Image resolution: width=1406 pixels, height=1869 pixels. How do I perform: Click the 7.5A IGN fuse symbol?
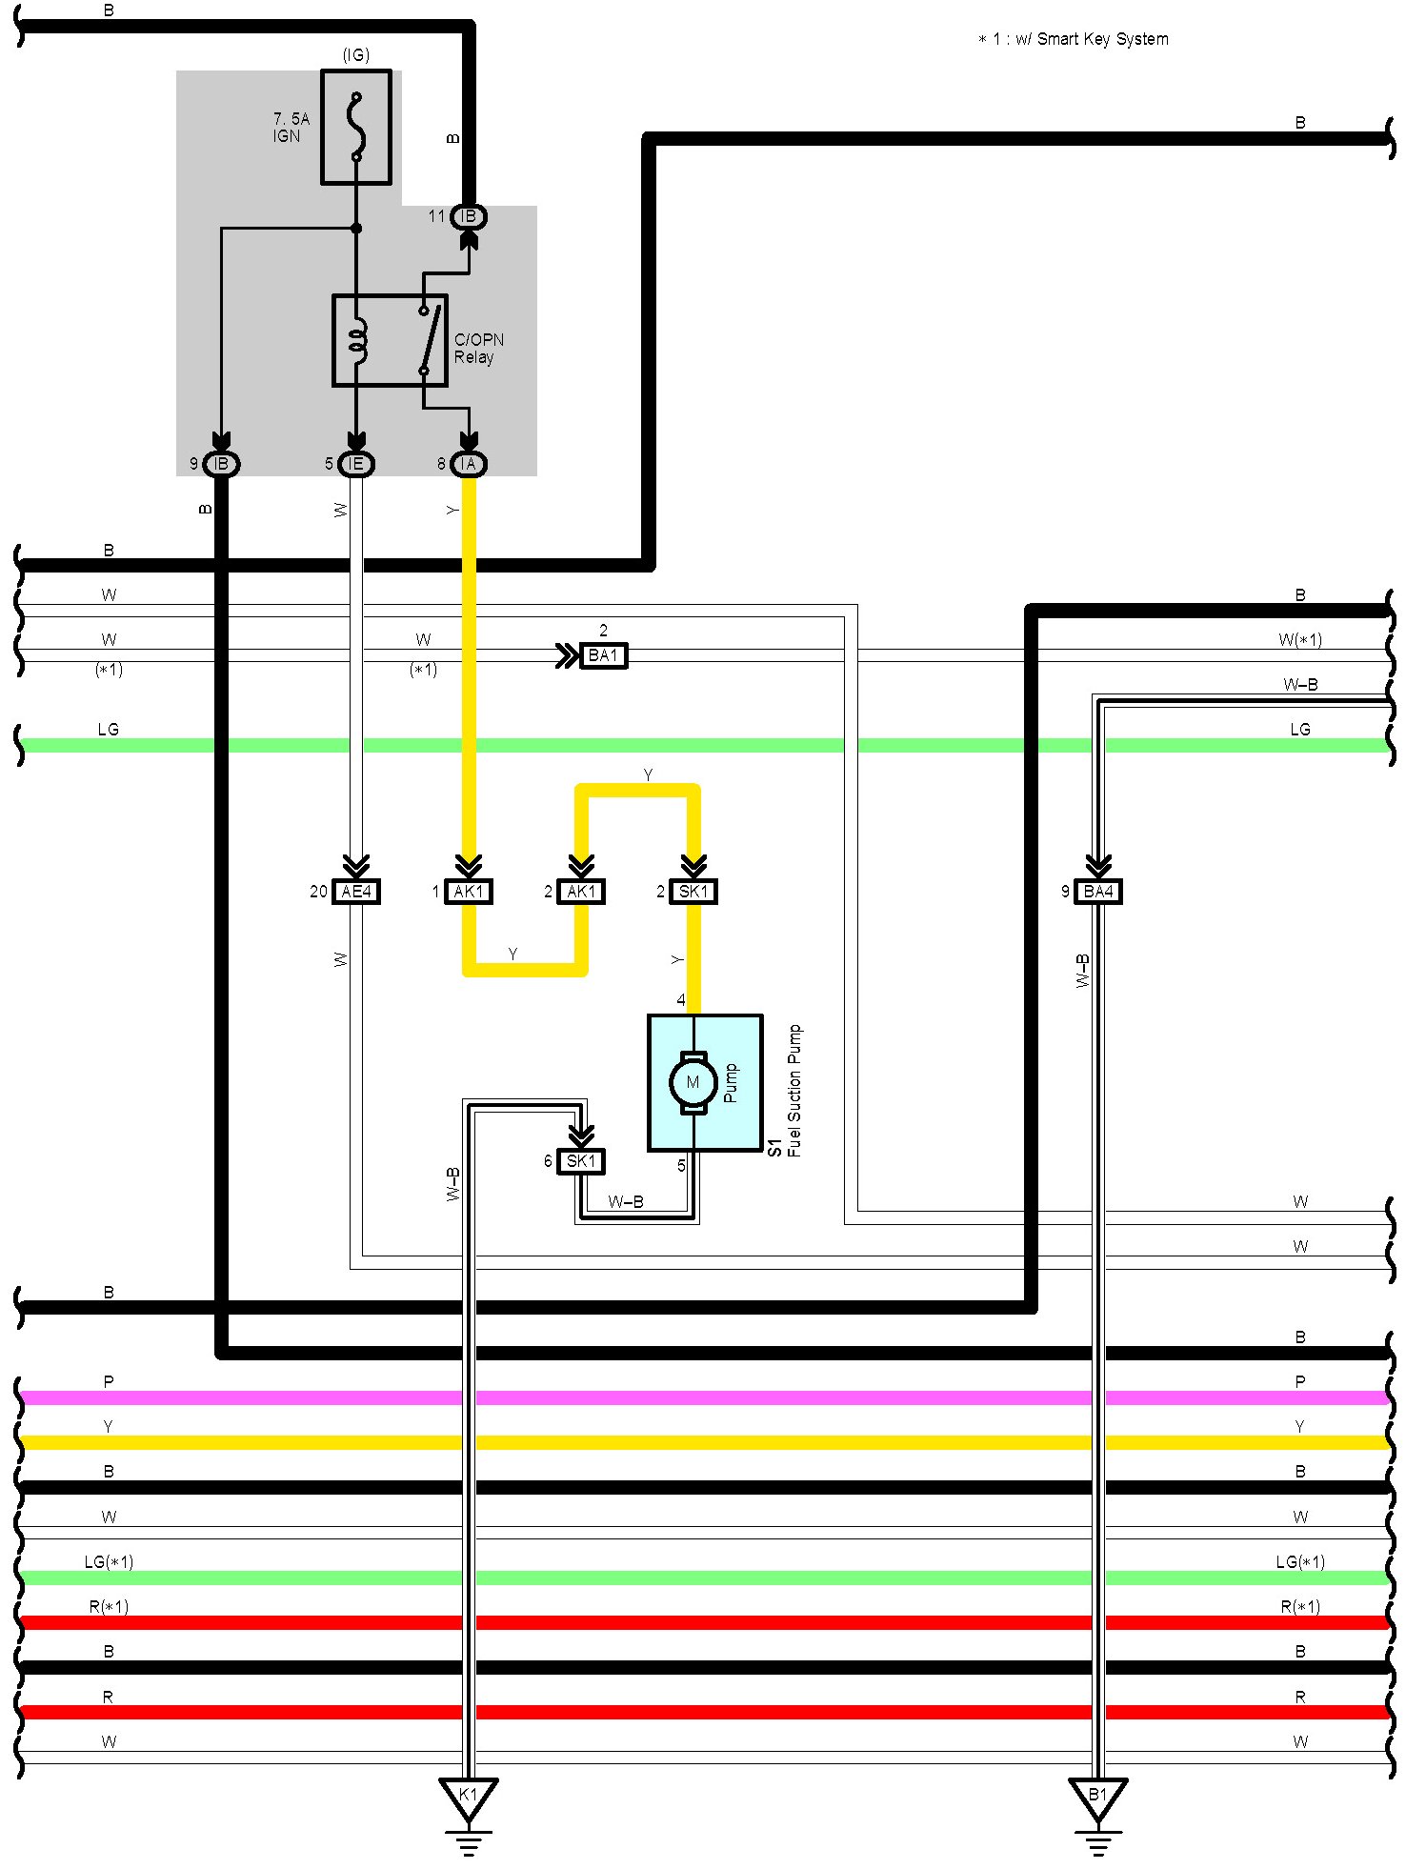point(356,127)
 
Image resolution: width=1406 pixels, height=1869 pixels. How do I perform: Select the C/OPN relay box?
point(390,340)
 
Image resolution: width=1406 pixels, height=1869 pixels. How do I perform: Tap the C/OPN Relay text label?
point(478,349)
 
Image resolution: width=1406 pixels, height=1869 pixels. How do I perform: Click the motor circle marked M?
point(693,1082)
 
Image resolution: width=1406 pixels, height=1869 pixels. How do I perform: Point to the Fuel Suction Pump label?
point(794,1090)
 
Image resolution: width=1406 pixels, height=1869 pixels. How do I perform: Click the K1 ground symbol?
point(468,1799)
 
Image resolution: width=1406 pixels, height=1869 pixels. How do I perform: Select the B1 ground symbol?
point(1098,1799)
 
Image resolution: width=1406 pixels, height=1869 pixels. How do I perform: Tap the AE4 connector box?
point(356,892)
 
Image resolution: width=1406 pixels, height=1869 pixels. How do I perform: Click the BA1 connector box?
point(603,655)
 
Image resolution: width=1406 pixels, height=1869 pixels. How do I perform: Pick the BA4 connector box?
point(1098,892)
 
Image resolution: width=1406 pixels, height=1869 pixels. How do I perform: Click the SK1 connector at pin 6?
point(581,1161)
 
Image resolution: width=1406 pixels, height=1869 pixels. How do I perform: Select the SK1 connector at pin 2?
point(693,892)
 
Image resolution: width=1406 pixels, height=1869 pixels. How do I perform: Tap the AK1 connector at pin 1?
point(469,892)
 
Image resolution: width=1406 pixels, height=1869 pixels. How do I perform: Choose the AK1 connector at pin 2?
point(581,892)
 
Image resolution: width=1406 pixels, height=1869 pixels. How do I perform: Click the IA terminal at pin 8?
point(468,464)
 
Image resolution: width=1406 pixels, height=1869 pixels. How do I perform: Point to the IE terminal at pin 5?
point(356,464)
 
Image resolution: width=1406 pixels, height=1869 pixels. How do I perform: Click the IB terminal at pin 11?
point(468,216)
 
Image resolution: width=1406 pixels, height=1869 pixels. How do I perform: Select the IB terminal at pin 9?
point(221,464)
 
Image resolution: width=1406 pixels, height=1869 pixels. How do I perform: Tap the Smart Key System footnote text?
point(1074,39)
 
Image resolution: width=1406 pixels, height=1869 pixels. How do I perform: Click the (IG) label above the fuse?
point(356,55)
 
